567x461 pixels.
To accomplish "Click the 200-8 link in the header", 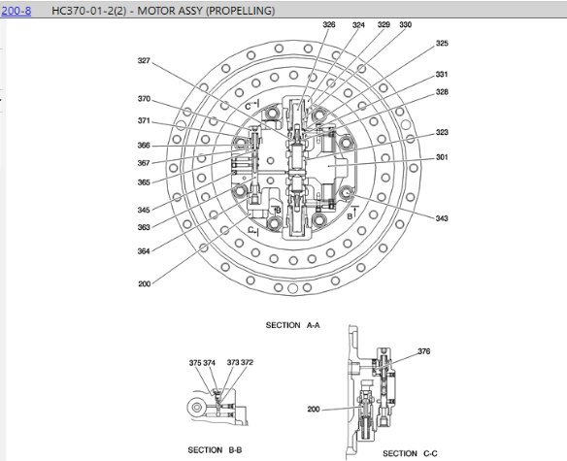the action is tap(17, 11).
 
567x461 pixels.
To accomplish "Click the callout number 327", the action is tap(144, 61).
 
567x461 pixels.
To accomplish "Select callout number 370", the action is tap(144, 99).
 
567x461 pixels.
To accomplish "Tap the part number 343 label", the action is tap(442, 218).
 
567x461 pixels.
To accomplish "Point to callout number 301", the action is tap(442, 157).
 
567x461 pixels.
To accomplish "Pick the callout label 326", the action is tap(329, 24).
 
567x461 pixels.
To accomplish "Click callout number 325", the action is tap(442, 44).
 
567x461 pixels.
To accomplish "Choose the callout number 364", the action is tap(144, 251).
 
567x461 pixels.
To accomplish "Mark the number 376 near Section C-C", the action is tap(424, 351).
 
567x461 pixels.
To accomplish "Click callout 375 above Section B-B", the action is tap(195, 363).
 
